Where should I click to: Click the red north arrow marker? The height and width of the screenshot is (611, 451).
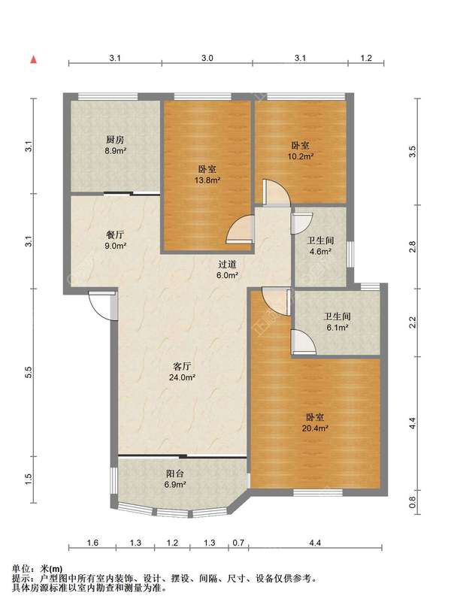click(x=34, y=59)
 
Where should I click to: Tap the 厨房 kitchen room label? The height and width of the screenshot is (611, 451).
click(x=116, y=140)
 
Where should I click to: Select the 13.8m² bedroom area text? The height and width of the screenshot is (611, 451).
click(x=207, y=180)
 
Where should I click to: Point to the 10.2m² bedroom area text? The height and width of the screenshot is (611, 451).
click(x=301, y=156)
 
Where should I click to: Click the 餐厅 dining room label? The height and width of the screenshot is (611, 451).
click(x=116, y=235)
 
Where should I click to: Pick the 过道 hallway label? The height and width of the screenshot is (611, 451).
click(x=228, y=265)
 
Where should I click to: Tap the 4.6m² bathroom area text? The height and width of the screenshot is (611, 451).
click(x=320, y=252)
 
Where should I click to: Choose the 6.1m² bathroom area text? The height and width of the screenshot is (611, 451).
click(x=337, y=328)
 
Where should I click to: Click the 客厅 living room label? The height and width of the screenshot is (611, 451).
click(x=182, y=367)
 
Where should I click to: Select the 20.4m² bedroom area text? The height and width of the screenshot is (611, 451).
click(x=315, y=428)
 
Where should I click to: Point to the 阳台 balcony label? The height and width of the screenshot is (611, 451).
click(x=175, y=474)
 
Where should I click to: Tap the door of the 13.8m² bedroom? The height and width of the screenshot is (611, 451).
click(x=240, y=229)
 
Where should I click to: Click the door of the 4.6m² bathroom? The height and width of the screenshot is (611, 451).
click(x=302, y=222)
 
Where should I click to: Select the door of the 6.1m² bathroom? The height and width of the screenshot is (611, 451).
click(x=303, y=342)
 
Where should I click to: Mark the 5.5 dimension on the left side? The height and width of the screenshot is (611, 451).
click(x=28, y=373)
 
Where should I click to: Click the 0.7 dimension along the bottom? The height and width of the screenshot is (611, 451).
click(x=238, y=543)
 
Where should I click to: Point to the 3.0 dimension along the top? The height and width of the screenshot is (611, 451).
click(x=207, y=59)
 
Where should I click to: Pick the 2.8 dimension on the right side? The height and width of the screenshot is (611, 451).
click(x=413, y=247)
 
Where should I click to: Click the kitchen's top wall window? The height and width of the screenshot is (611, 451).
click(x=108, y=97)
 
